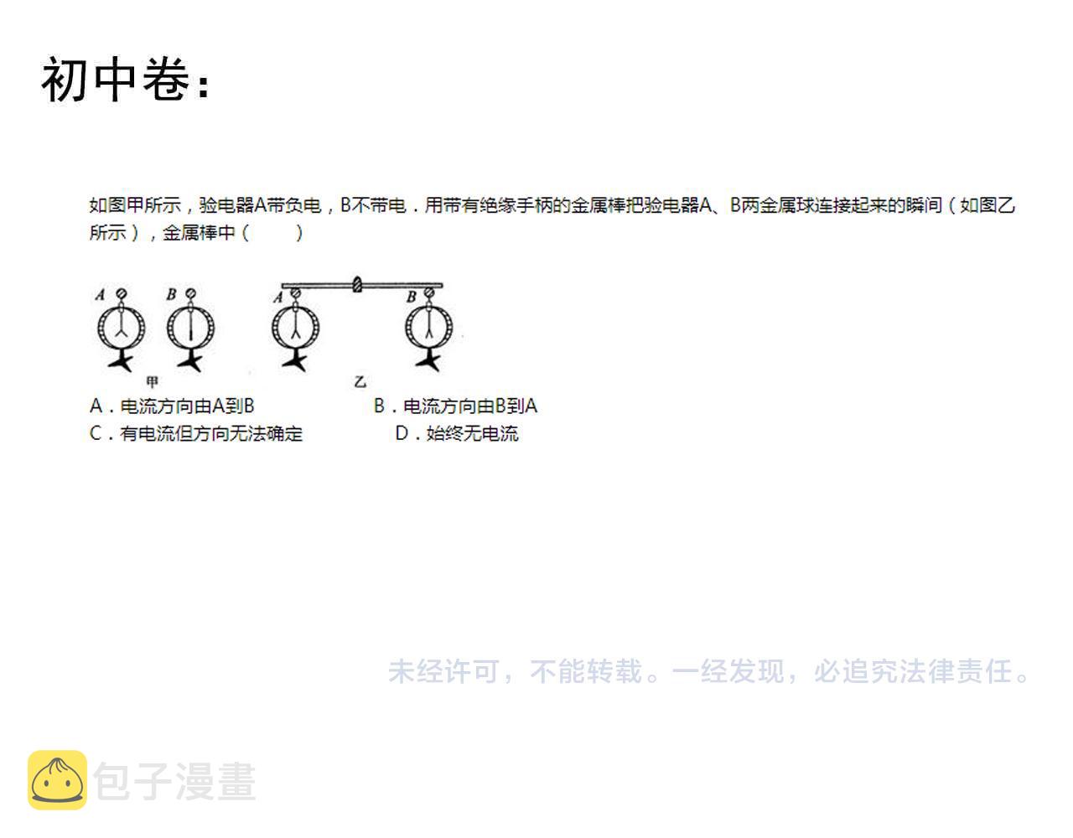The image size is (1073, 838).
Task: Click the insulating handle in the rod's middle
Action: (358, 284)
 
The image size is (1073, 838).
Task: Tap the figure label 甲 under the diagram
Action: (153, 381)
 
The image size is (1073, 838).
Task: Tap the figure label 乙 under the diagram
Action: (360, 381)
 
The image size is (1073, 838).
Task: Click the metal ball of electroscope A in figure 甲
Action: (122, 293)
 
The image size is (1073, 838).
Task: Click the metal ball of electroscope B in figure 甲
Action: (190, 293)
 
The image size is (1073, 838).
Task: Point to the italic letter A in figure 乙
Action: (278, 297)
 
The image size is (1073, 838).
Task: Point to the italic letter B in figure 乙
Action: (412, 297)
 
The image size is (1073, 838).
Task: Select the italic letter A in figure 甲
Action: (101, 295)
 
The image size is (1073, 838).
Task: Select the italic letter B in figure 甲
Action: (171, 294)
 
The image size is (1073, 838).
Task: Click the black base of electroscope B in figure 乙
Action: (428, 360)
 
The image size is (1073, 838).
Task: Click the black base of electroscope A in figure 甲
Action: (122, 360)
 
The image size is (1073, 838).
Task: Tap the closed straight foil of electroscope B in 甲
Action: (190, 326)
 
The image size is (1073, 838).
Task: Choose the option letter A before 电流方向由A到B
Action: (96, 406)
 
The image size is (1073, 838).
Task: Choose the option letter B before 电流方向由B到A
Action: (379, 406)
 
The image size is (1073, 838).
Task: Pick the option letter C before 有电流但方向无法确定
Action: (96, 433)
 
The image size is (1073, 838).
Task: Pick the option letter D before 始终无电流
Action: (402, 433)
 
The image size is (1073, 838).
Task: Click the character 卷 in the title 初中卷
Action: (166, 79)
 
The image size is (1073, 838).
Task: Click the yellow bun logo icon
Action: (57, 780)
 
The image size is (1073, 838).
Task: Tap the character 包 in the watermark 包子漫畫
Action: (112, 781)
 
